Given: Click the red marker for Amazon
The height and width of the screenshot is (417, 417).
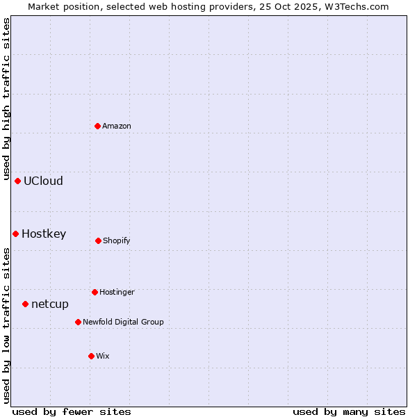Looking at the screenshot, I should (98, 126).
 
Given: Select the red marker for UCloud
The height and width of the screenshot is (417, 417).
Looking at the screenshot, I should (18, 181).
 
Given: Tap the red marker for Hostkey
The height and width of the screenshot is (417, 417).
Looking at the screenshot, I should (15, 234).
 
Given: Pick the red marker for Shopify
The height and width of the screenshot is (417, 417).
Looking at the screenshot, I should (98, 240).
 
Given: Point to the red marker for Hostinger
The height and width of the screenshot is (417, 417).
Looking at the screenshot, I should (95, 292).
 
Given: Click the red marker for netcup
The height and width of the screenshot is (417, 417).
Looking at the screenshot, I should (25, 304).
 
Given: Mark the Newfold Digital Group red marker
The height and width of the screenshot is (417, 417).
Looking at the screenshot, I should (78, 322).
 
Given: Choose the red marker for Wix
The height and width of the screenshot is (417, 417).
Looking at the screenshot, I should (91, 356).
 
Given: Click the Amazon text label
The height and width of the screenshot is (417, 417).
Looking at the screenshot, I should (117, 126).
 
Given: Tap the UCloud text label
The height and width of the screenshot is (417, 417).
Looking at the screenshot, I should (43, 181).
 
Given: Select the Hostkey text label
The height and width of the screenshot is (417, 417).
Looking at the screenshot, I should (44, 234).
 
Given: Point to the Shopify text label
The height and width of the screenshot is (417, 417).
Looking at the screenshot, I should (117, 240).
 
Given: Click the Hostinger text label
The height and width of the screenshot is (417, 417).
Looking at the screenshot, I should (117, 292).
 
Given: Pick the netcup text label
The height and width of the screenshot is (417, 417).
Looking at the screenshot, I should (50, 304).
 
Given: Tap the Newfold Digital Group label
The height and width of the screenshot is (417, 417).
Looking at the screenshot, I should (123, 322).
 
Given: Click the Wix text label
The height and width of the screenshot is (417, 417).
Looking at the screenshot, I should (103, 356).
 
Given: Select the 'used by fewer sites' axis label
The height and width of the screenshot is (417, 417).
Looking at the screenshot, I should (72, 411).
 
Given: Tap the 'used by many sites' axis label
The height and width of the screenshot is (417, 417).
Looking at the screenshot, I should (349, 411).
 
